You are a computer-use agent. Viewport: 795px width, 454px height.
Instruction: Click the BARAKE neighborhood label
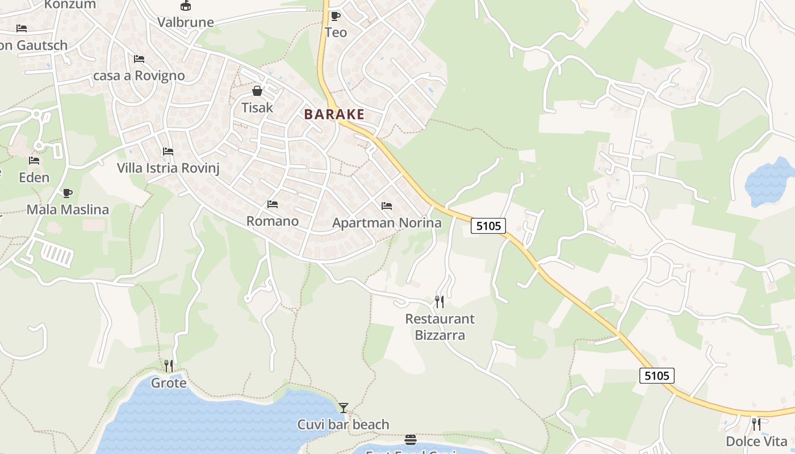(x=334, y=114)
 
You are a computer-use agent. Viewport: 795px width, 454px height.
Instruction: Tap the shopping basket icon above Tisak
(x=257, y=91)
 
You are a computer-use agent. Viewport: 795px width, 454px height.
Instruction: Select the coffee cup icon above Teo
(x=335, y=16)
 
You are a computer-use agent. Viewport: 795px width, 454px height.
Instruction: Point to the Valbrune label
(x=186, y=23)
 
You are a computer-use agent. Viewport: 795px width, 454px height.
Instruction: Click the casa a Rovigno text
(x=139, y=75)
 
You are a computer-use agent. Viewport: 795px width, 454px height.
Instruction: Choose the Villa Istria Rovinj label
(x=168, y=168)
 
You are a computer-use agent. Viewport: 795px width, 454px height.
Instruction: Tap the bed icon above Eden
(x=34, y=161)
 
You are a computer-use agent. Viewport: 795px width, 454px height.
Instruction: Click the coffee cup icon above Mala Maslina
(x=68, y=193)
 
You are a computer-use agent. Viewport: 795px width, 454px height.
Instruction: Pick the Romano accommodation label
(x=273, y=221)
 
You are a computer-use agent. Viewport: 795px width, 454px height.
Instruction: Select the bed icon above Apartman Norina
(x=387, y=205)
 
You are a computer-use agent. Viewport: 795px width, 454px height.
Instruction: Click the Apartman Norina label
(x=387, y=223)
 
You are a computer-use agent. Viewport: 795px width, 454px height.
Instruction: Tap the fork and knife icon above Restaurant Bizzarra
(x=440, y=301)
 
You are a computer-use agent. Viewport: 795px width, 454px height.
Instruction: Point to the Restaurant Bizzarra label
(x=440, y=327)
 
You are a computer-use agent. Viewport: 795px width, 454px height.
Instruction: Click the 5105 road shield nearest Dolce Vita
(x=657, y=375)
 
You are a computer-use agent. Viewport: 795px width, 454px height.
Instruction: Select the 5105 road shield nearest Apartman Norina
(x=488, y=226)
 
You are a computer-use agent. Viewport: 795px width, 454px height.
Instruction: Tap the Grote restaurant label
(x=169, y=383)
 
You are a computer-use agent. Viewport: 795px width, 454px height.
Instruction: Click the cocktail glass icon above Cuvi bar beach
(x=344, y=407)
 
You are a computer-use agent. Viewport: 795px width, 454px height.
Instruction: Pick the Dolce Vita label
(x=756, y=442)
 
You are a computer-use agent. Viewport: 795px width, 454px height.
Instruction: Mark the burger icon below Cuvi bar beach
(x=411, y=440)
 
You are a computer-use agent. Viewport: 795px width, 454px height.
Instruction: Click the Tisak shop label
(x=257, y=107)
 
